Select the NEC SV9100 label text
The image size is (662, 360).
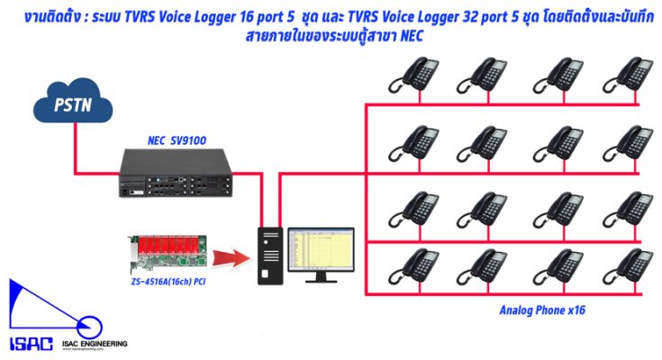tap(177, 140)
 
